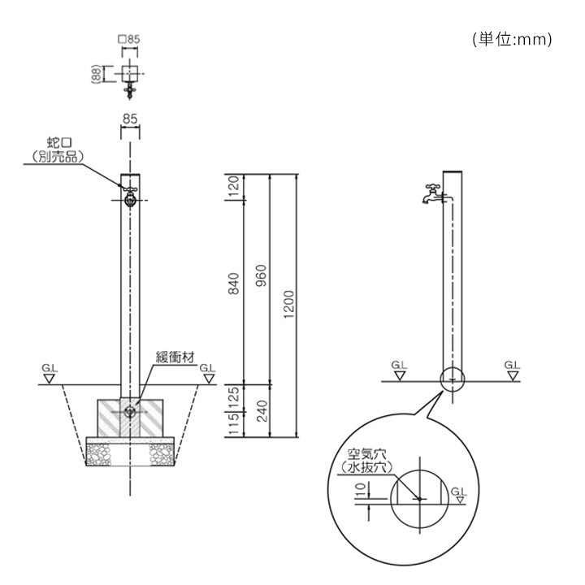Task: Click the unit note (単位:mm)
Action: coord(512,39)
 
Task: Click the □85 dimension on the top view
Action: coord(128,39)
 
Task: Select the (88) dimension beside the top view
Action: coord(96,73)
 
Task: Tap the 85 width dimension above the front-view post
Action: coord(130,119)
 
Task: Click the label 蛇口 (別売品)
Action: coord(58,150)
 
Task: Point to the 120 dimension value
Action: coord(233,188)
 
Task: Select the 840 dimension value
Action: coord(233,284)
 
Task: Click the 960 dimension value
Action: coord(262,275)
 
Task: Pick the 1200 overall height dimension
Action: coord(288,305)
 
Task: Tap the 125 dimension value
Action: coord(233,397)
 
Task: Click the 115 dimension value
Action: coord(233,424)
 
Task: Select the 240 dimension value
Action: coord(262,411)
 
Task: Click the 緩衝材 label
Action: coord(175,357)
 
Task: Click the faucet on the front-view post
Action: coord(130,197)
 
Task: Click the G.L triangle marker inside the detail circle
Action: coord(461,500)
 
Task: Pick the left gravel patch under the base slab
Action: coord(98,455)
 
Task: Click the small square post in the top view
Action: coord(130,73)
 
